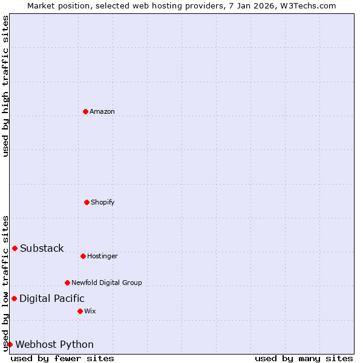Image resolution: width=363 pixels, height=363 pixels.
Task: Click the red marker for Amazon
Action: point(85,111)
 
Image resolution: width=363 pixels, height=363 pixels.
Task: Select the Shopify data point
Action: point(87,202)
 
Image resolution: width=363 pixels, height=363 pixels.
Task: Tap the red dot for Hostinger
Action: point(83,256)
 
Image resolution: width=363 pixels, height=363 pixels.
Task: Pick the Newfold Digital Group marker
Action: point(67,283)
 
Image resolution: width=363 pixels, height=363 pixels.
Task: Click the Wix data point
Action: point(80,311)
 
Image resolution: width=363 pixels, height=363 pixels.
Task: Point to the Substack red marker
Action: point(15,248)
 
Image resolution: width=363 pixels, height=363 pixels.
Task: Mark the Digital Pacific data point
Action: point(14,298)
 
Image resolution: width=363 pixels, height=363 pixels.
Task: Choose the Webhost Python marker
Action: point(10,344)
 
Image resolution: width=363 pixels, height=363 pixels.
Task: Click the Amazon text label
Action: point(102,111)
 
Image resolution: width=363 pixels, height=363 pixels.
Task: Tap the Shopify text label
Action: point(103,202)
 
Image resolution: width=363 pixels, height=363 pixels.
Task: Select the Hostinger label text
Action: point(102,256)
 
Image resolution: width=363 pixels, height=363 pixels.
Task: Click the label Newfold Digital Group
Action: point(106,283)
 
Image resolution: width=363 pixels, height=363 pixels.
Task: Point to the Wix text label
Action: point(90,311)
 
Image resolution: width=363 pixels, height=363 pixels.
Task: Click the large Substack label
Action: point(42,248)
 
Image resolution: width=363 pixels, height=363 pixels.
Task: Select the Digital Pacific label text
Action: point(52,298)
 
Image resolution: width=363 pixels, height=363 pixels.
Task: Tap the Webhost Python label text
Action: point(54,344)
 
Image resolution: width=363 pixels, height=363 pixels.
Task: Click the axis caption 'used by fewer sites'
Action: point(62,358)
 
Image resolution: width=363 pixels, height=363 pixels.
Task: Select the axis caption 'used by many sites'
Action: point(304,358)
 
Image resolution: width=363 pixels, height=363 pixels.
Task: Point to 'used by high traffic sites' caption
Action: point(5,86)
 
